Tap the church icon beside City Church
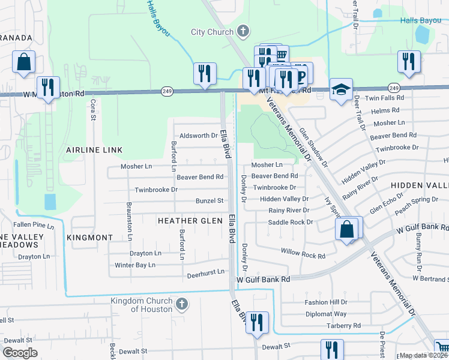pos(243,31)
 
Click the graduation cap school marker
pos(341,89)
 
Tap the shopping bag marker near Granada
pos(23,62)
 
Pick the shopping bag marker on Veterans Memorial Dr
pos(347,229)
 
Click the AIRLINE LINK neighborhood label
pos(94,149)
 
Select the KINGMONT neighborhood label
pos(89,238)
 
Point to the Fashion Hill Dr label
pos(326,302)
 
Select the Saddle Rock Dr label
pos(291,222)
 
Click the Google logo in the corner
pos(20,353)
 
